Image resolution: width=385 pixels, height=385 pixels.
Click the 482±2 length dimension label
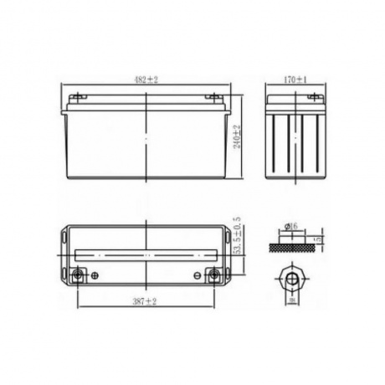(x=147, y=80)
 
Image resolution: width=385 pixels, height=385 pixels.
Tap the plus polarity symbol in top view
(x=94, y=275)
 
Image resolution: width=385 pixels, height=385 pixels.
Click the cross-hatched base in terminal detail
(x=292, y=244)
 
